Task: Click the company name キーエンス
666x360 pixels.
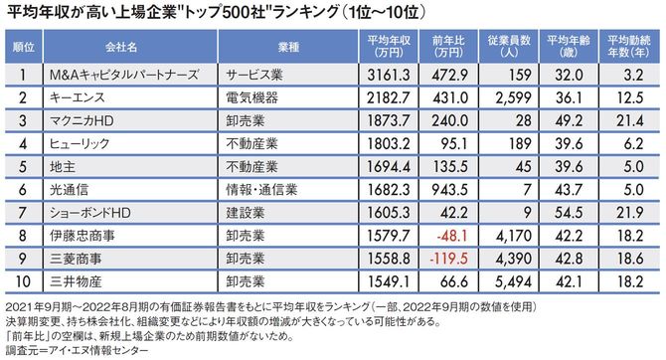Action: [x=76, y=97]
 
